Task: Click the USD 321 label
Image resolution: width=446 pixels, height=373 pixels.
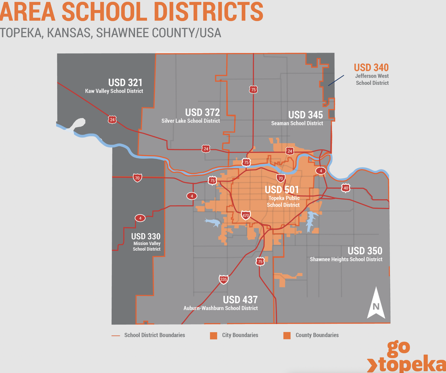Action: click(125, 83)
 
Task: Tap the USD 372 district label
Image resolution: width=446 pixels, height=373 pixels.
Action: click(202, 112)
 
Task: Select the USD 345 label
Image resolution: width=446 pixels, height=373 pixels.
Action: click(306, 115)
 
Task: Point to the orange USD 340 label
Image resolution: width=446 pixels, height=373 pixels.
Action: click(371, 68)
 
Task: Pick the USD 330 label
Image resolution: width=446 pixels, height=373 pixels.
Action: click(146, 236)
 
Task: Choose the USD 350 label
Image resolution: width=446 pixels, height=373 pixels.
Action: click(365, 251)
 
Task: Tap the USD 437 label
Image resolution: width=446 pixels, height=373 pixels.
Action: click(240, 300)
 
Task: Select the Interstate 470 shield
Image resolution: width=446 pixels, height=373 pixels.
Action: click(245, 216)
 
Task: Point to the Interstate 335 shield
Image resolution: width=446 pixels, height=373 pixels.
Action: click(224, 280)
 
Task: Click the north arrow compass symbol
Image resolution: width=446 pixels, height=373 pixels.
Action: click(376, 303)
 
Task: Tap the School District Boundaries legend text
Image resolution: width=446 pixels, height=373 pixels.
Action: click(154, 335)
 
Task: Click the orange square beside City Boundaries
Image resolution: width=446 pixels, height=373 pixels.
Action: click(214, 335)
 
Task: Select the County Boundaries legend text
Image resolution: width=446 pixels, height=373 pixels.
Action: click(317, 335)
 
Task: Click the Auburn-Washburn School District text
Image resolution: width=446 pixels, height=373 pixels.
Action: click(221, 308)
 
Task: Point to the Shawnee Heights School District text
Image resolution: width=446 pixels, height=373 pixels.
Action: click(346, 259)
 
